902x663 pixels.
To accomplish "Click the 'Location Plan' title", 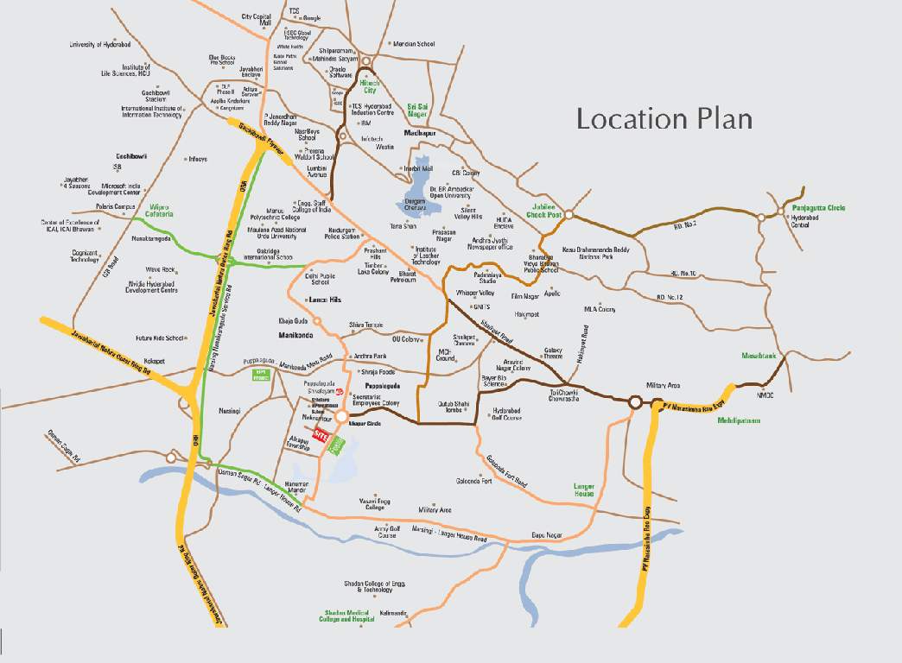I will [664, 117].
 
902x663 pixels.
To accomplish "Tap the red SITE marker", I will [322, 434].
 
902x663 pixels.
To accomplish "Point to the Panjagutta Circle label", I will [812, 208].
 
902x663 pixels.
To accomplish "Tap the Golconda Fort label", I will [474, 481].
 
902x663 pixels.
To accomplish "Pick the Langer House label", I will [585, 489].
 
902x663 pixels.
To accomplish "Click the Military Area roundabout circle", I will [635, 402].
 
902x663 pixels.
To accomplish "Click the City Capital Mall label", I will [257, 20].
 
